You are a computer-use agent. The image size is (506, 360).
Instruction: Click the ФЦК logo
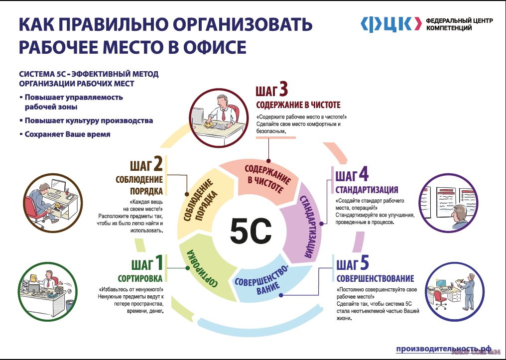pos(391,24)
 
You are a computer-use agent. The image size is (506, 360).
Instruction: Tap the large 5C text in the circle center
pos(251,231)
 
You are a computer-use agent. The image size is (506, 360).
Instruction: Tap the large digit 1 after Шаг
pos(159,263)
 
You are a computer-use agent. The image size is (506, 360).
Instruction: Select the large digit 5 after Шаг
pos(365,263)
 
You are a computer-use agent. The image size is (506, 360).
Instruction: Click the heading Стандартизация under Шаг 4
pos(367,189)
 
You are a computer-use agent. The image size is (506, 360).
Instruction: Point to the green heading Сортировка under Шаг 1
pos(140,278)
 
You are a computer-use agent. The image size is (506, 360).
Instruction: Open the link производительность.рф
pos(444,349)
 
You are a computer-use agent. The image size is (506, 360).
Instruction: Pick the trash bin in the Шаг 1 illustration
pos(69,305)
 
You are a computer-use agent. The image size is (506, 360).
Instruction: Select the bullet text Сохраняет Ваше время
pos(67,134)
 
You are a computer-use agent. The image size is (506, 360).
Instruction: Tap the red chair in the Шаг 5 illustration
pos(440,297)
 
